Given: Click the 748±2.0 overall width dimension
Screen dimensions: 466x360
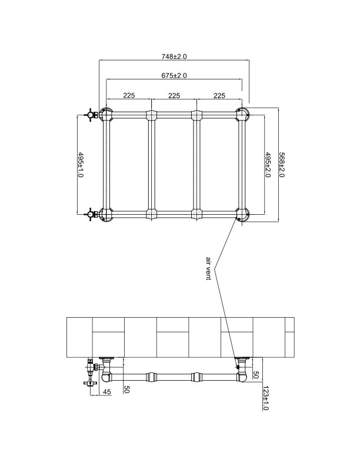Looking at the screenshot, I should pyautogui.click(x=174, y=56).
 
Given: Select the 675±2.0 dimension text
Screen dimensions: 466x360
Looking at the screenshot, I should pyautogui.click(x=174, y=76).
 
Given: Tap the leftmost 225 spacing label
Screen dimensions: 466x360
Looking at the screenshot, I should pyautogui.click(x=129, y=95).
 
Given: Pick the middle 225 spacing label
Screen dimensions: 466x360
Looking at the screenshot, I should pyautogui.click(x=174, y=95).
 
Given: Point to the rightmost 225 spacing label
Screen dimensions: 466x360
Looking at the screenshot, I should pyautogui.click(x=218, y=95).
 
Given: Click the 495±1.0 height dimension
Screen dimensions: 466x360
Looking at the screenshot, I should pyautogui.click(x=81, y=165).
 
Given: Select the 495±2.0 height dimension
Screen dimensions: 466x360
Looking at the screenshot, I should pyautogui.click(x=268, y=165).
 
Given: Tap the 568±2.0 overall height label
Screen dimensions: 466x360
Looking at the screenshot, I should pyautogui.click(x=281, y=165).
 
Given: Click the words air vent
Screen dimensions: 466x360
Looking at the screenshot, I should pyautogui.click(x=208, y=268).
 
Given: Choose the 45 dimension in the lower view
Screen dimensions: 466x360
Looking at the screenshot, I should pyautogui.click(x=107, y=392).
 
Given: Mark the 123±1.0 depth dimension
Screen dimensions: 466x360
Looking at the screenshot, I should pyautogui.click(x=265, y=397).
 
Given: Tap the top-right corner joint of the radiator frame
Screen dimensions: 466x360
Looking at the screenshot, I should pyautogui.click(x=242, y=114).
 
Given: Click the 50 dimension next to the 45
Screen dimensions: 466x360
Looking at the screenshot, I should pyautogui.click(x=125, y=389).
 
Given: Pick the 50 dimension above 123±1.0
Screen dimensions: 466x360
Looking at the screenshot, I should pyautogui.click(x=255, y=375).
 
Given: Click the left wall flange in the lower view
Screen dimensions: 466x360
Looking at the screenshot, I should pyautogui.click(x=108, y=359).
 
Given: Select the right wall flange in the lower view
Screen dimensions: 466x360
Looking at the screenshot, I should pyautogui.click(x=241, y=359).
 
